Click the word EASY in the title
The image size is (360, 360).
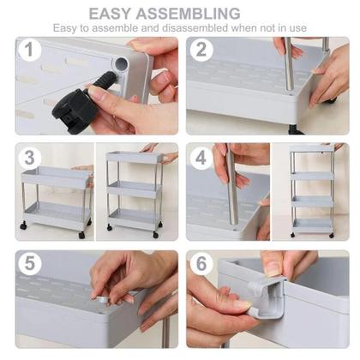click(111, 14)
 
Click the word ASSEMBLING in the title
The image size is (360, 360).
click(188, 14)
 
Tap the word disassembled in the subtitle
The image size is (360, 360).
click(195, 28)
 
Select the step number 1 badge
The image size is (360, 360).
click(29, 50)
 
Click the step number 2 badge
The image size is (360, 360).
click(201, 50)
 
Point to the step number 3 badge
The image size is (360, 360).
click(29, 158)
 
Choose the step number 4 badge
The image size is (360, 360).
click(201, 158)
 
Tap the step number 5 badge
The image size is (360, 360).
click(29, 263)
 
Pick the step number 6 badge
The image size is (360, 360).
click(201, 263)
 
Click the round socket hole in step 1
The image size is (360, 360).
click(122, 63)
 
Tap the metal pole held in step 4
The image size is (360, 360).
click(232, 185)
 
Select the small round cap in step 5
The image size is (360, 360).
click(100, 299)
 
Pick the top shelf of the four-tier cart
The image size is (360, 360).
click(312, 149)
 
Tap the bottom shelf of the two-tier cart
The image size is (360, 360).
click(57, 213)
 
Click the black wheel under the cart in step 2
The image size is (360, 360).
click(296, 131)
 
